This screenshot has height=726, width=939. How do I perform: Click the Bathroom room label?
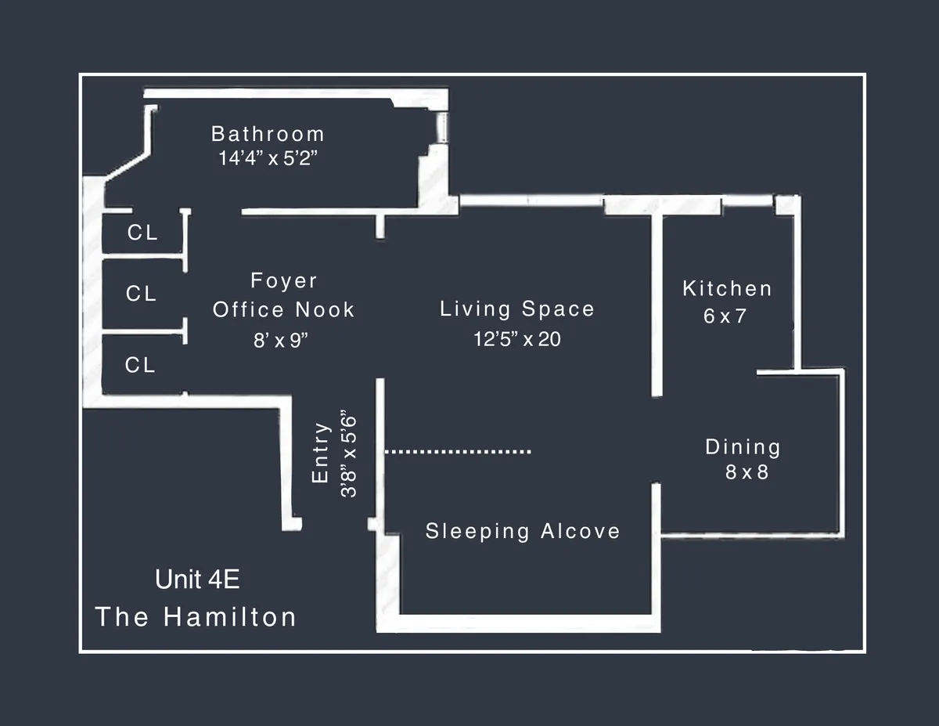pos(268,134)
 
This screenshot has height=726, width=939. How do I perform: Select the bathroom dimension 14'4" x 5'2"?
pos(268,157)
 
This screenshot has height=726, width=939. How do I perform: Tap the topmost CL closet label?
pos(142,233)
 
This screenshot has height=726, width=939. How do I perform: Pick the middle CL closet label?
pos(142,294)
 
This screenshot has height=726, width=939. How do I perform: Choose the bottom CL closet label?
pos(141,365)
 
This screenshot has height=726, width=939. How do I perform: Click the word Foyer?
pos(284,280)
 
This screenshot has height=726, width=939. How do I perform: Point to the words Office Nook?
pos(284,309)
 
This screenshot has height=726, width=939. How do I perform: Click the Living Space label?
pos(517,309)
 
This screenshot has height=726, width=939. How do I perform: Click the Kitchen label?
pos(728,288)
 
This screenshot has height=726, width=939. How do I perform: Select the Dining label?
pos(743,447)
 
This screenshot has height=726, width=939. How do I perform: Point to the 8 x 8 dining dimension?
pos(747,472)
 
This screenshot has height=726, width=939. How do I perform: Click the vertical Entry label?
pos(321,453)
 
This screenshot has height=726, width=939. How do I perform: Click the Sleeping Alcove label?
pos(523,531)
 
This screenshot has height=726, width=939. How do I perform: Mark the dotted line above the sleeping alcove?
pos(458,451)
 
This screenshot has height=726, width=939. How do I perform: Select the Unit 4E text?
pos(197,580)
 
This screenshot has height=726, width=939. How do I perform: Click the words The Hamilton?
pos(196,616)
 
